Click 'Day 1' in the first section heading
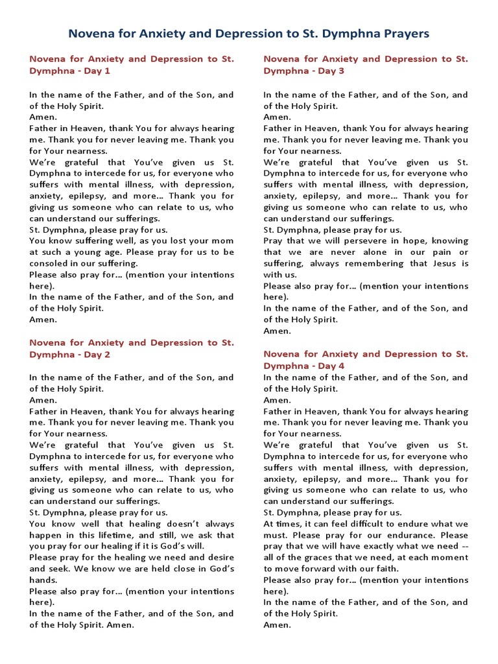tap(95, 71)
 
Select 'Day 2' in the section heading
tap(95, 355)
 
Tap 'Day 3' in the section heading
tap(329, 71)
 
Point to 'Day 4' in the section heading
tap(329, 366)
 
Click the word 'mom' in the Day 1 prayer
tap(223, 241)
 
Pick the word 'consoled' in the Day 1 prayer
tap(49, 263)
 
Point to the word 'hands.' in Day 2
tap(42, 580)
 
